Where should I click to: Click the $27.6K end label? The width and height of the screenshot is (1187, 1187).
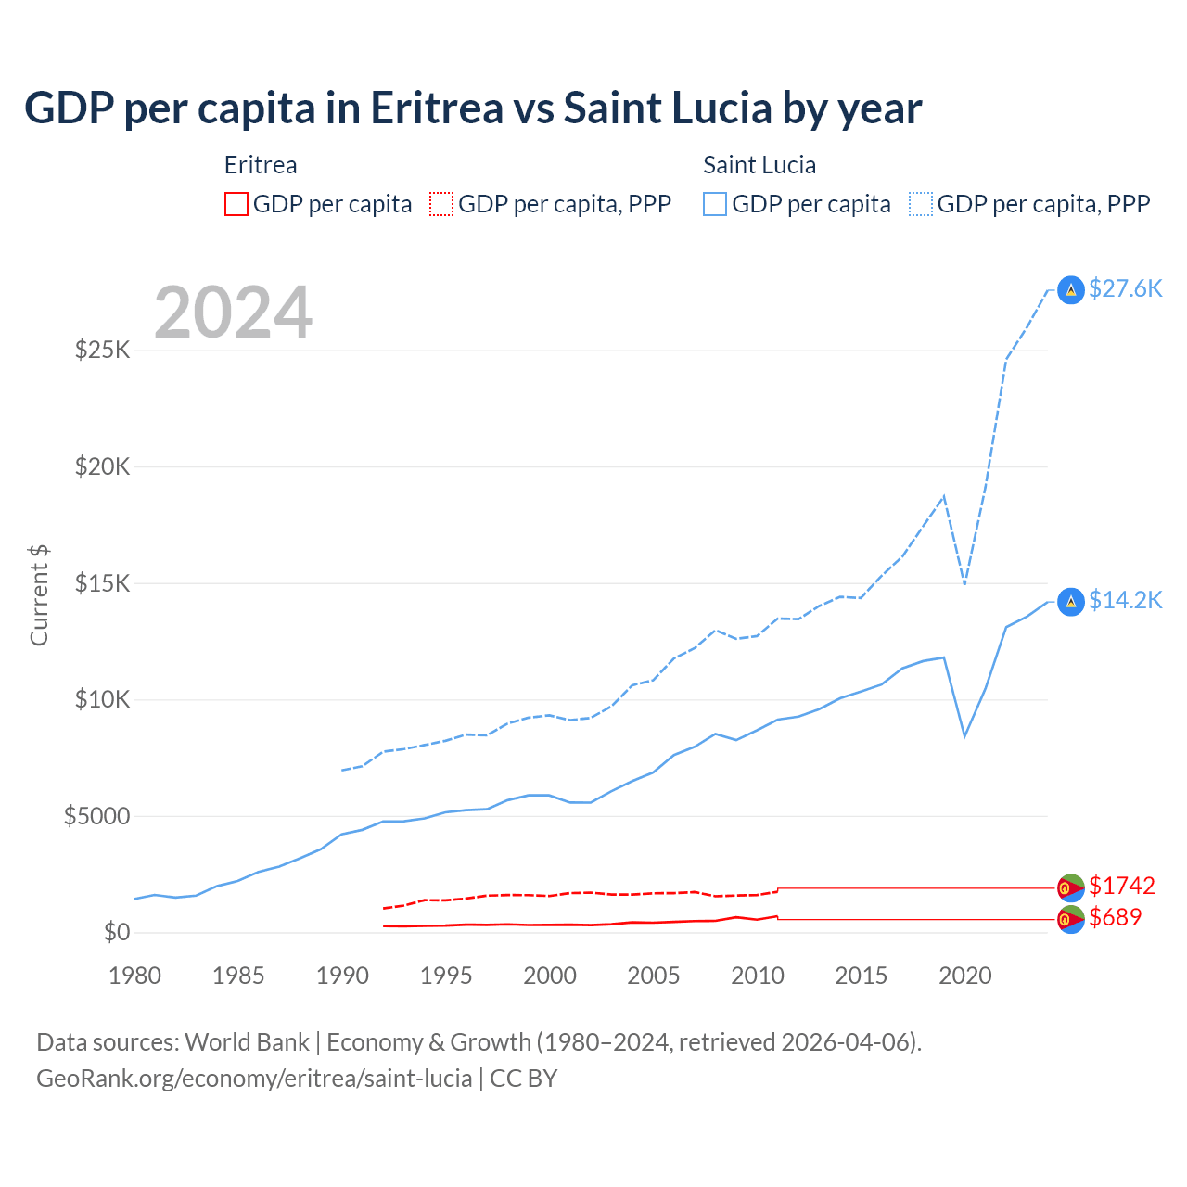click(1125, 289)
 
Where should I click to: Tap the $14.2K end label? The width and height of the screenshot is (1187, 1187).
click(1125, 601)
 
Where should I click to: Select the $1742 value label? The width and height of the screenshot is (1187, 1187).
click(1122, 886)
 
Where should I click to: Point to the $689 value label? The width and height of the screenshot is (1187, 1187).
click(1116, 917)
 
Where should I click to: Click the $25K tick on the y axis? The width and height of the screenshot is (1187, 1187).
click(102, 351)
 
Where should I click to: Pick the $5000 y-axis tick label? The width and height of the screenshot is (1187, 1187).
click(96, 816)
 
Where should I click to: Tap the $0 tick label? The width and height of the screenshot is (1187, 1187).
click(116, 932)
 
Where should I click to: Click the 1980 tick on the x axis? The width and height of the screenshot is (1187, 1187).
click(134, 976)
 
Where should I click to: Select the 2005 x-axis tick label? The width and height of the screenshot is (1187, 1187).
click(654, 976)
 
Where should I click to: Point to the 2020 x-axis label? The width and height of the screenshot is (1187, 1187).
click(965, 976)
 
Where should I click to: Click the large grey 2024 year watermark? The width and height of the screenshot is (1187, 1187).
click(234, 313)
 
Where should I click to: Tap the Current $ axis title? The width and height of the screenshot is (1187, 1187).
click(39, 595)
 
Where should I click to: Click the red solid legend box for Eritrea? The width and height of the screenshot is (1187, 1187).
click(236, 204)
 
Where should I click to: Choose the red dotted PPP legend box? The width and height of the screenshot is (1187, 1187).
click(441, 204)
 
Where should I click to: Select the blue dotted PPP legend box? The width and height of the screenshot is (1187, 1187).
click(921, 204)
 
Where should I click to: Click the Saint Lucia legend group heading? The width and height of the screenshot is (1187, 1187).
click(759, 165)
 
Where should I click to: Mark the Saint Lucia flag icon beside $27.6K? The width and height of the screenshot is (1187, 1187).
click(1071, 290)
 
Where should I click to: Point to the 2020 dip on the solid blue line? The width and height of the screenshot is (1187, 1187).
click(965, 735)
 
